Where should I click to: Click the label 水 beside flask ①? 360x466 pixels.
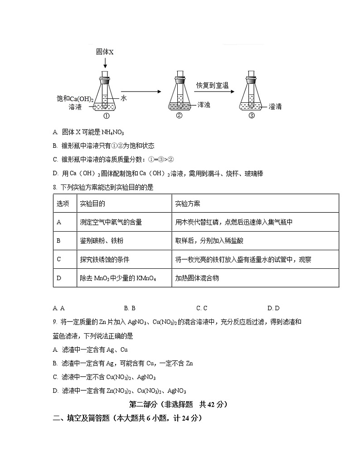click(123, 98)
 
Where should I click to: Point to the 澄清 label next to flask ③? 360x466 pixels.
click(275, 107)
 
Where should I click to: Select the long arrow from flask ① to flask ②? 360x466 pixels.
click(141, 92)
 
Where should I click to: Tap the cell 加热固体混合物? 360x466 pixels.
click(197, 278)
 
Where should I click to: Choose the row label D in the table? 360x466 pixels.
click(59, 278)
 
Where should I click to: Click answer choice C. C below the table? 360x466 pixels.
click(202, 308)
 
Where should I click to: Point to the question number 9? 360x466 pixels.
click(55, 322)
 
